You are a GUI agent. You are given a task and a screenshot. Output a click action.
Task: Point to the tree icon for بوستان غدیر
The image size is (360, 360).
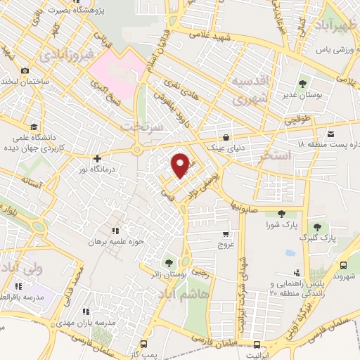[304, 84]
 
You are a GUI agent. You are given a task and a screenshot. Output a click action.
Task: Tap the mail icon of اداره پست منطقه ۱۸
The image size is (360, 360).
[330, 133]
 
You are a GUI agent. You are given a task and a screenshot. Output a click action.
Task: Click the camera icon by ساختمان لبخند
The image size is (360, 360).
[25, 70]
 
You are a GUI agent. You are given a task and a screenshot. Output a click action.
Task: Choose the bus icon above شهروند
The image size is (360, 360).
[343, 265]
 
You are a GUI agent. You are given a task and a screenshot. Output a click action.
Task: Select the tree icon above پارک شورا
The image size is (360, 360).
[281, 214]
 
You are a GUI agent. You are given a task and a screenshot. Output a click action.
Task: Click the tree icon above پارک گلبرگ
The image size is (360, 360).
[317, 227]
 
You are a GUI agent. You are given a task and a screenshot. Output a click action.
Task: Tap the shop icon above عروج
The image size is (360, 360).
[225, 234]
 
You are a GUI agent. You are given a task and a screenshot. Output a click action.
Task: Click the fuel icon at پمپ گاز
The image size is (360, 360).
[144, 345]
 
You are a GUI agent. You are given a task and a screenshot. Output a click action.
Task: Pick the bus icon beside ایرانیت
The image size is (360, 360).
[257, 345]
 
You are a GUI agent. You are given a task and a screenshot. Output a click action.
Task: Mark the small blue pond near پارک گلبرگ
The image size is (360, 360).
[290, 252]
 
